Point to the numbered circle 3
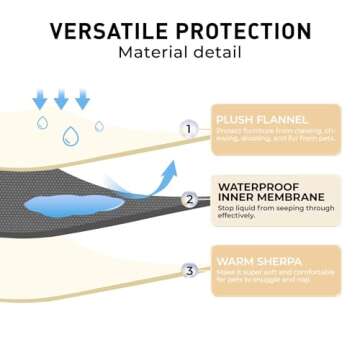pyautogui.click(x=189, y=270)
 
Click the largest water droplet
pyautogui.click(x=71, y=135)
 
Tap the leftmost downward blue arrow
pyautogui.click(x=40, y=99)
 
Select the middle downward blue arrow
pyautogui.click(x=61, y=99)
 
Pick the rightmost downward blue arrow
pyautogui.click(x=82, y=99)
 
